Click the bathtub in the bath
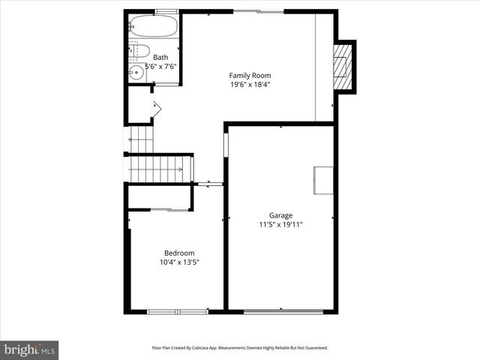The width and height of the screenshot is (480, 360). click(153, 27)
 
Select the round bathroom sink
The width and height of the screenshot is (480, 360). click(136, 73)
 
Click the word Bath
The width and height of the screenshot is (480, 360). click(160, 57)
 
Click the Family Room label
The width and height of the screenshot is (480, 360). click(250, 75)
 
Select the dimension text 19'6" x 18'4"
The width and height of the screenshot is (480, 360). click(250, 85)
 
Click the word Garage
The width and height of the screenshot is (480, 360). click(281, 214)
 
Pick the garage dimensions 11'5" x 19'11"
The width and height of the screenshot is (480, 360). click(281, 224)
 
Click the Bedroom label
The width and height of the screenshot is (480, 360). click(179, 253)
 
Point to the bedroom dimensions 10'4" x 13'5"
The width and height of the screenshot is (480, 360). click(179, 262)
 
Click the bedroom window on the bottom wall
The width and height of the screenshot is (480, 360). click(177, 310)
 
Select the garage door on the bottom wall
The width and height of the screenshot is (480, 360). click(281, 310)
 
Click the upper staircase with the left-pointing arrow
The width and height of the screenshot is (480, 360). click(141, 139)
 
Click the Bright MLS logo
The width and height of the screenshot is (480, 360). click(29, 349)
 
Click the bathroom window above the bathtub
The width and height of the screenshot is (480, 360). click(166, 10)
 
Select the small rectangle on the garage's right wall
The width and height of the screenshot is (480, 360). click(323, 179)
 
